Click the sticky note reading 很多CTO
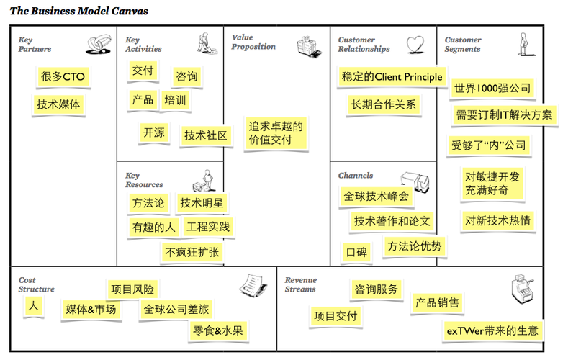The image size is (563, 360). click(63, 76)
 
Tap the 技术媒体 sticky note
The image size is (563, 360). click(59, 104)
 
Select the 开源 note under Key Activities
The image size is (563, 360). click(153, 132)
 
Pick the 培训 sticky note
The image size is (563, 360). click(175, 99)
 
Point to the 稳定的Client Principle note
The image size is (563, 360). click(391, 77)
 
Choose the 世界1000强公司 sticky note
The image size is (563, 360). click(493, 89)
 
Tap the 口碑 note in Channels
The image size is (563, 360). click(356, 252)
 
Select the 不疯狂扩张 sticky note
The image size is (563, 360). click(192, 252)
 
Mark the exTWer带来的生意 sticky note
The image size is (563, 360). click(492, 330)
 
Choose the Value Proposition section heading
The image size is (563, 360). click(253, 42)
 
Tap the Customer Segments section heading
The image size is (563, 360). click(462, 45)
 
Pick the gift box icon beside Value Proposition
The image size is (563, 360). click(308, 46)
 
